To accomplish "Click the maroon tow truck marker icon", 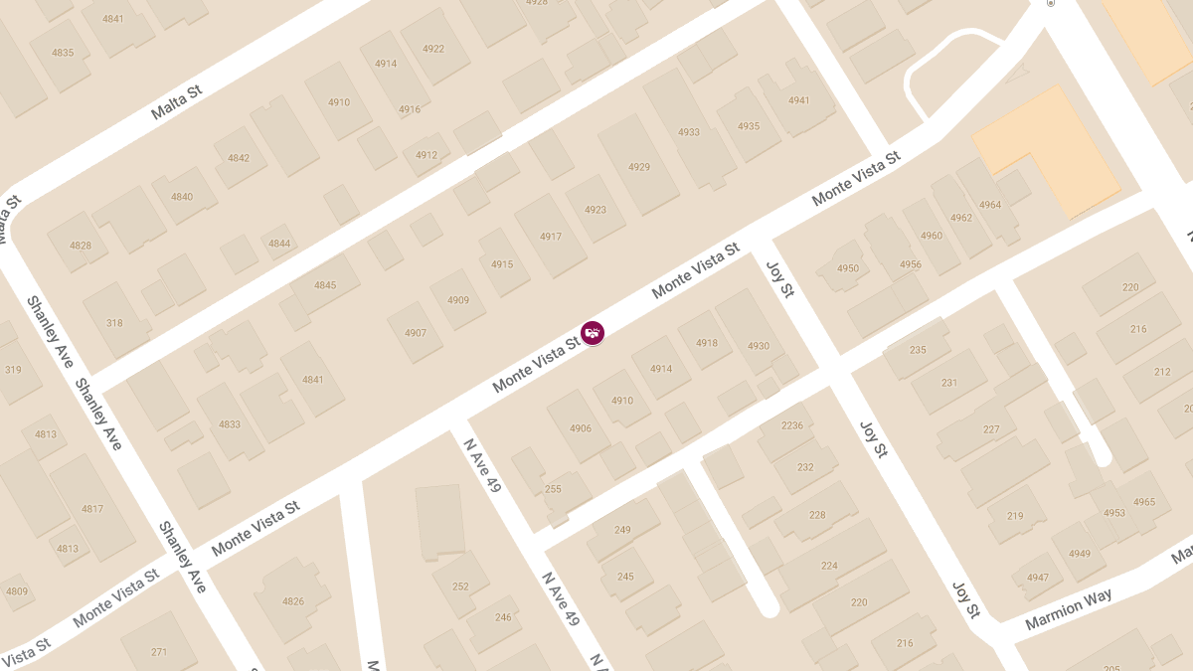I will [593, 333].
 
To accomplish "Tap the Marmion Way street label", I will [1069, 607].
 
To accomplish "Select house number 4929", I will [639, 167].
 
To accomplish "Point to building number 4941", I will [799, 100].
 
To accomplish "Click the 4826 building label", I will [293, 601].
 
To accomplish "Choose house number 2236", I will [792, 425].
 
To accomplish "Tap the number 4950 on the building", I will [848, 268].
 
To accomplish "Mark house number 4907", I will [416, 333].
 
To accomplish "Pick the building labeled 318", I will [114, 323].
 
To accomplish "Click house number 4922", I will [433, 49].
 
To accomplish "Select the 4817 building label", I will [92, 509].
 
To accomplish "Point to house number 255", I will [553, 489].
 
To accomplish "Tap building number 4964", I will [990, 205].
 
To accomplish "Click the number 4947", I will [1038, 578].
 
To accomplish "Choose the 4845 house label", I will [325, 285].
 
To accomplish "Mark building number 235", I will [918, 350].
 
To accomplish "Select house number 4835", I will [63, 53].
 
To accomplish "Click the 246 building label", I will [503, 617].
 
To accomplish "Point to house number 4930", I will [759, 346].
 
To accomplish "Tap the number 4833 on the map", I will [230, 424].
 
